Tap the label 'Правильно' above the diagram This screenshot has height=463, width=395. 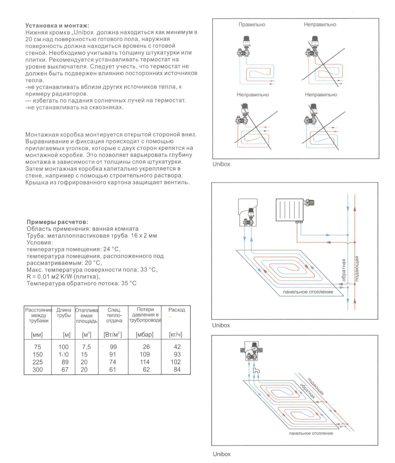point(252,25)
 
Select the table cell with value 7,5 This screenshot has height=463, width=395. point(86,347)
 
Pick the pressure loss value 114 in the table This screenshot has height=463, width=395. point(145,362)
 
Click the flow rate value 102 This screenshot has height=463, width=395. point(176,362)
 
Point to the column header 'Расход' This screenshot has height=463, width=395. point(176,310)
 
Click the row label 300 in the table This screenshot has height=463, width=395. point(38,370)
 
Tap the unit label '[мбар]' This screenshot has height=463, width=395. point(144,335)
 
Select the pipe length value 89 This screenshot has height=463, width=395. point(65,362)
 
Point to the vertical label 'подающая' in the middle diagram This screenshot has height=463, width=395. point(357,269)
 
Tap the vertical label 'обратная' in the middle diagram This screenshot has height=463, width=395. point(344,270)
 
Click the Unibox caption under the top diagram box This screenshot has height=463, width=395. point(221,164)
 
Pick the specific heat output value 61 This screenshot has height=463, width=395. point(112,370)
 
